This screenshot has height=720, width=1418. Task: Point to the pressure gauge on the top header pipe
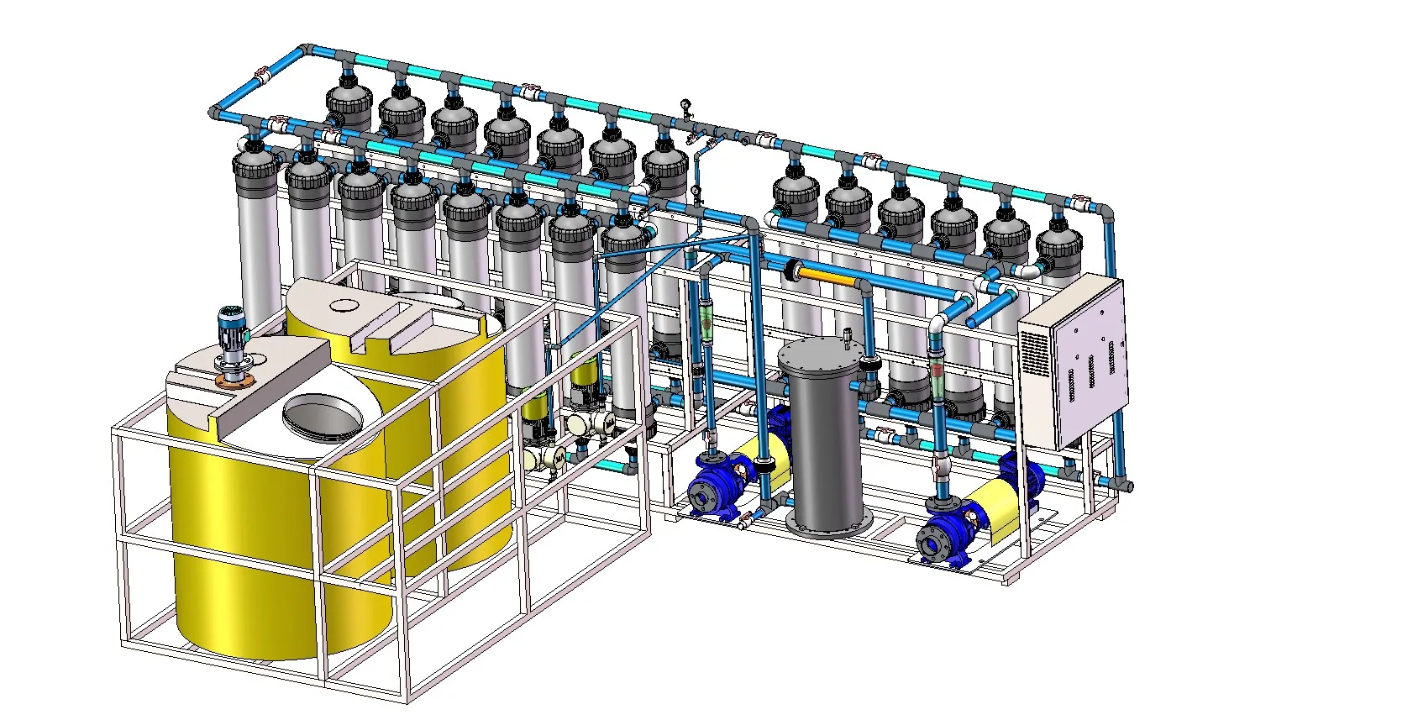[x=686, y=105]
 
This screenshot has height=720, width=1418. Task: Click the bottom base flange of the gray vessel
[x=828, y=527]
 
